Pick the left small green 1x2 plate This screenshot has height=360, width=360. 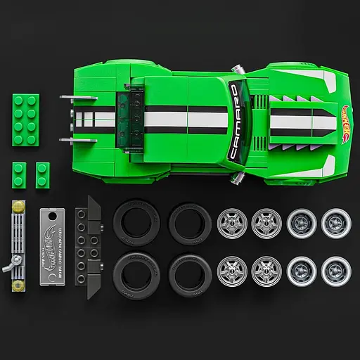tap(20, 173)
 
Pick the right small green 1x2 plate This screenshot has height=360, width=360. tap(43, 173)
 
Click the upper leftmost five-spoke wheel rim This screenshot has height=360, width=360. tap(231, 222)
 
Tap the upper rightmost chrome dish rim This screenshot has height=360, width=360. tap(335, 222)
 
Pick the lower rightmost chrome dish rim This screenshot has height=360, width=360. tap(335, 269)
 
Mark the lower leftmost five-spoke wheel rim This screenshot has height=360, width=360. tap(231, 269)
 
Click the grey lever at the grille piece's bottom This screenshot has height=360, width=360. tap(10, 268)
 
